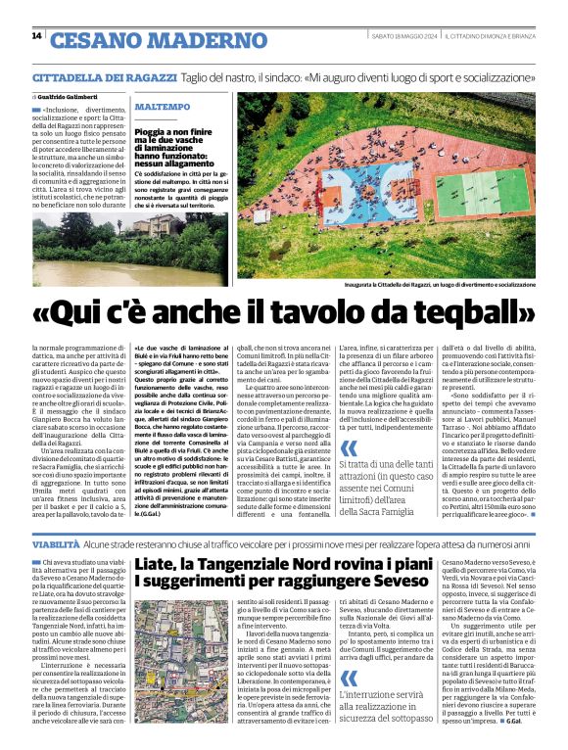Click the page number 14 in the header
(x=36, y=36)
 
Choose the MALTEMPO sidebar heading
(x=164, y=106)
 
